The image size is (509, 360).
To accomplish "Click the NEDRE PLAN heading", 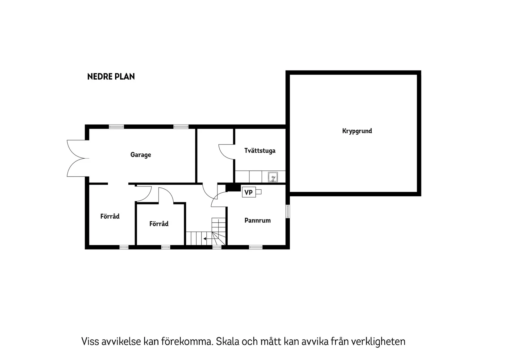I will point(111,77).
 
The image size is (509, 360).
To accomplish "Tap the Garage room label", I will point(141,155).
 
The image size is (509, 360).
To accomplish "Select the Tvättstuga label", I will point(260,151).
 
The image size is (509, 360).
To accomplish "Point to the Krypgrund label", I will point(357,131).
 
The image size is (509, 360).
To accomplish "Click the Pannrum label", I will point(258,220).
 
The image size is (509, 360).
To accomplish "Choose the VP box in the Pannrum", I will point(249,192).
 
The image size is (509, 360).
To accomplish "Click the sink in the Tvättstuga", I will point(273,177).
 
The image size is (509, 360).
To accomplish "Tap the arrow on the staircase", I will point(205,239).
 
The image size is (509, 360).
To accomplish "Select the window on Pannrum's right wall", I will point(288,211).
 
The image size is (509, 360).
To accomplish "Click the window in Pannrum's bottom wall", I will point(255,247).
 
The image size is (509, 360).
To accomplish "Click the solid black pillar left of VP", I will point(233,188).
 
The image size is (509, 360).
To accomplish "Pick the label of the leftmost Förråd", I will point(110,216).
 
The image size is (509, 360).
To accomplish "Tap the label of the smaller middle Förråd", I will point(159,224).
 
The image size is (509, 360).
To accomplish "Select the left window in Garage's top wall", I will point(116,127).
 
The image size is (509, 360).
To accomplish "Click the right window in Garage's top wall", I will point(181,127).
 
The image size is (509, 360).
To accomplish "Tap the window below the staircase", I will point(217,247).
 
